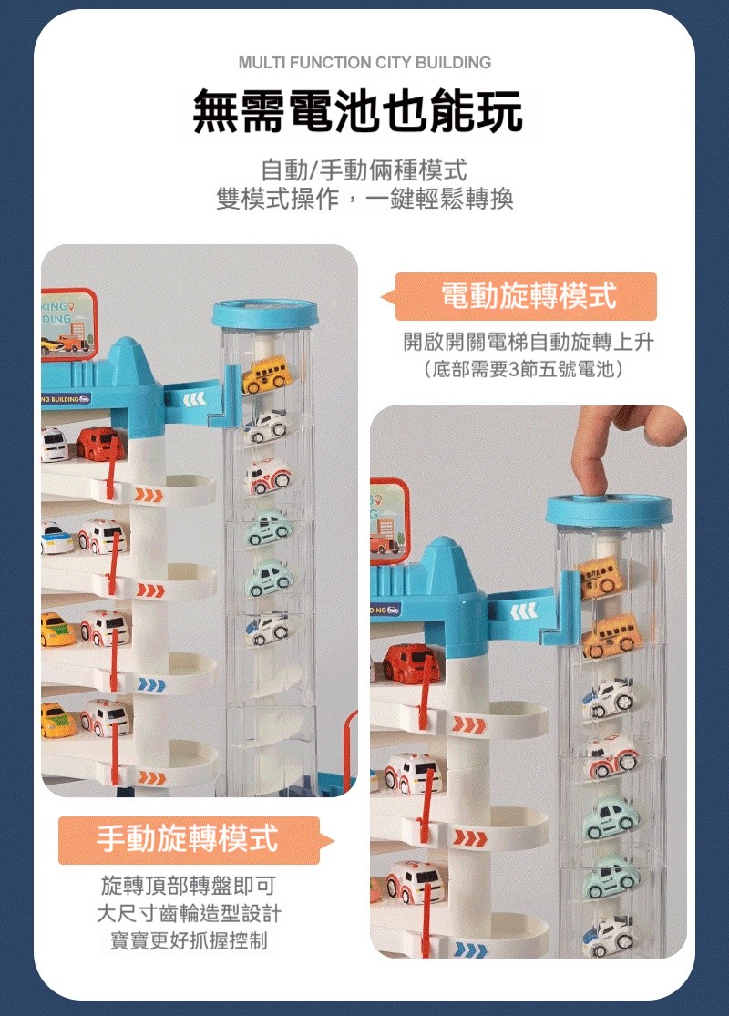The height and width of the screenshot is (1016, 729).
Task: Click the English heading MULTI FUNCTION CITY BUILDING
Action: [x=364, y=63]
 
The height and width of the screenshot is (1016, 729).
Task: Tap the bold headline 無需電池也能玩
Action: [x=358, y=111]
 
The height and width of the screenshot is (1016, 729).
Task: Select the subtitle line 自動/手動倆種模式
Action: [x=364, y=170]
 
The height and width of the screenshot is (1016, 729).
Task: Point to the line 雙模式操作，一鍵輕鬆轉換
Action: [x=364, y=199]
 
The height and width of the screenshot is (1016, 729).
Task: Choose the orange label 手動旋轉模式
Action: [x=189, y=840]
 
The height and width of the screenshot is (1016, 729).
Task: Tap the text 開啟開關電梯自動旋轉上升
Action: [x=529, y=342]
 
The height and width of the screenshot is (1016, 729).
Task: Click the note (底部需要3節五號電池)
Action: [x=524, y=369]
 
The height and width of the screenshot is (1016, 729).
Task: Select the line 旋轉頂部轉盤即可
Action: [x=189, y=885]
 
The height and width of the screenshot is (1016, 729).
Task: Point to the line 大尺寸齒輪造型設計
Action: [x=189, y=913]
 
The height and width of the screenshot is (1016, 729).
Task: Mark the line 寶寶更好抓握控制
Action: [x=189, y=940]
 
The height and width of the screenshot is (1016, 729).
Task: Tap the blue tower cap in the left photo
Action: [x=265, y=313]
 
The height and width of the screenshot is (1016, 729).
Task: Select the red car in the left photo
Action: [x=99, y=444]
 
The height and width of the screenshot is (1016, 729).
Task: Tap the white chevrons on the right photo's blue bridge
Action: [x=524, y=611]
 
